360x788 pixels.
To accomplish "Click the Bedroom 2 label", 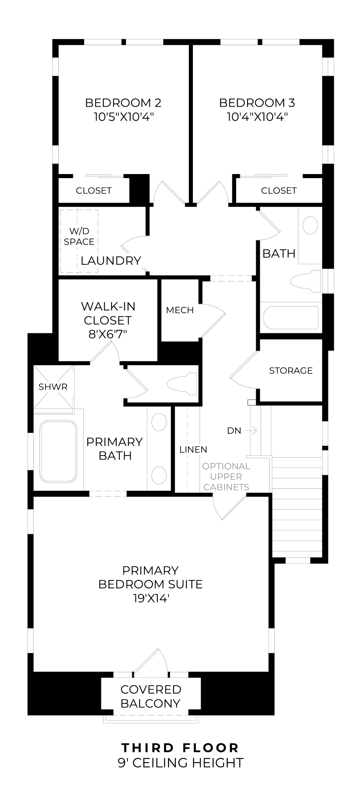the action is coord(123,103).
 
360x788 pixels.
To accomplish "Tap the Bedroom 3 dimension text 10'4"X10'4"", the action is coord(257,117).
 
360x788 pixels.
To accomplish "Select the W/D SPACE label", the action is coord(79,236).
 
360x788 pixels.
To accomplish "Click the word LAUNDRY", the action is coord(111,261).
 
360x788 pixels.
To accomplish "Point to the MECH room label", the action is coord(180,310).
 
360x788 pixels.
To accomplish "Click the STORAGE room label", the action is coord(291,371).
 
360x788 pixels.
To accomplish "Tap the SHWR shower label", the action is coord(53,387).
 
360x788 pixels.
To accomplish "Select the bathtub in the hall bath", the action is coord(291,318).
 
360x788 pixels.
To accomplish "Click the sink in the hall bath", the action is coord(310,225).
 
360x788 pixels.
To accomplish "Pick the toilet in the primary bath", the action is coord(181,383).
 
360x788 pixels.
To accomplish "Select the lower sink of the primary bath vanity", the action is coord(159,475).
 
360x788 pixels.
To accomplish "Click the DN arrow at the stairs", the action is coord(250,431).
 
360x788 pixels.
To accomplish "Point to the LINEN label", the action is coord(193,449).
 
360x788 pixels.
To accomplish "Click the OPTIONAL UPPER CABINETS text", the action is coord(226,476).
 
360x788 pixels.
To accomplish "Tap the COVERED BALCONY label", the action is coord(151,696).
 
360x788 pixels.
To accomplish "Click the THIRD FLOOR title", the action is coord(180,748).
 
